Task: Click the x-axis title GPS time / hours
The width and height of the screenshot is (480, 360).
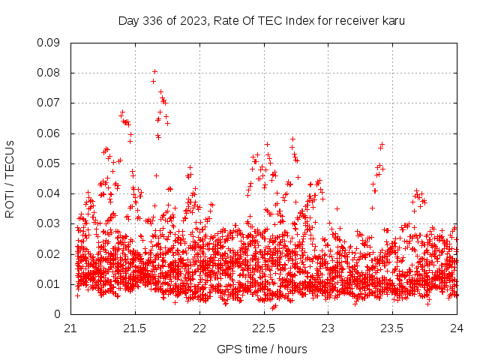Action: tap(262, 349)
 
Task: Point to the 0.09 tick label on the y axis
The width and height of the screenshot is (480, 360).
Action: tap(49, 43)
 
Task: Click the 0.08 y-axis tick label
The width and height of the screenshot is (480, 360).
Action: tap(49, 73)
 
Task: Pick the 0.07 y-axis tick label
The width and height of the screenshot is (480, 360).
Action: tap(49, 103)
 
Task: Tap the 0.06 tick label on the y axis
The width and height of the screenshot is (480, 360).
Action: tap(49, 133)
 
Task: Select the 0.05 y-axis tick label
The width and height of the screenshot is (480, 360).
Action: tap(49, 163)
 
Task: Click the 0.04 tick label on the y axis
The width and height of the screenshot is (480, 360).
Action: tap(49, 193)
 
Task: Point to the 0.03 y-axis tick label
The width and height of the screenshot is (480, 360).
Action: tap(49, 223)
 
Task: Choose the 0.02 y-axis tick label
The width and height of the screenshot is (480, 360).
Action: tap(49, 253)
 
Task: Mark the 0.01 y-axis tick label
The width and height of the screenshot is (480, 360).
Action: tap(49, 284)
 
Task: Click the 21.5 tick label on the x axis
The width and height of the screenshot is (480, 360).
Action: tap(135, 328)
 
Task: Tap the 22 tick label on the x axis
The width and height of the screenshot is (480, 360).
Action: tap(199, 328)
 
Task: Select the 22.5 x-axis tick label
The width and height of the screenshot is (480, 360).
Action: tap(264, 328)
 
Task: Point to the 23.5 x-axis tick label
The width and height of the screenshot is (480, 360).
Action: tap(393, 328)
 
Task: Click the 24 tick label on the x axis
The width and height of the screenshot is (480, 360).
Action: tap(457, 328)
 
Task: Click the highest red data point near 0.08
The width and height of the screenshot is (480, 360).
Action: tap(154, 72)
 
